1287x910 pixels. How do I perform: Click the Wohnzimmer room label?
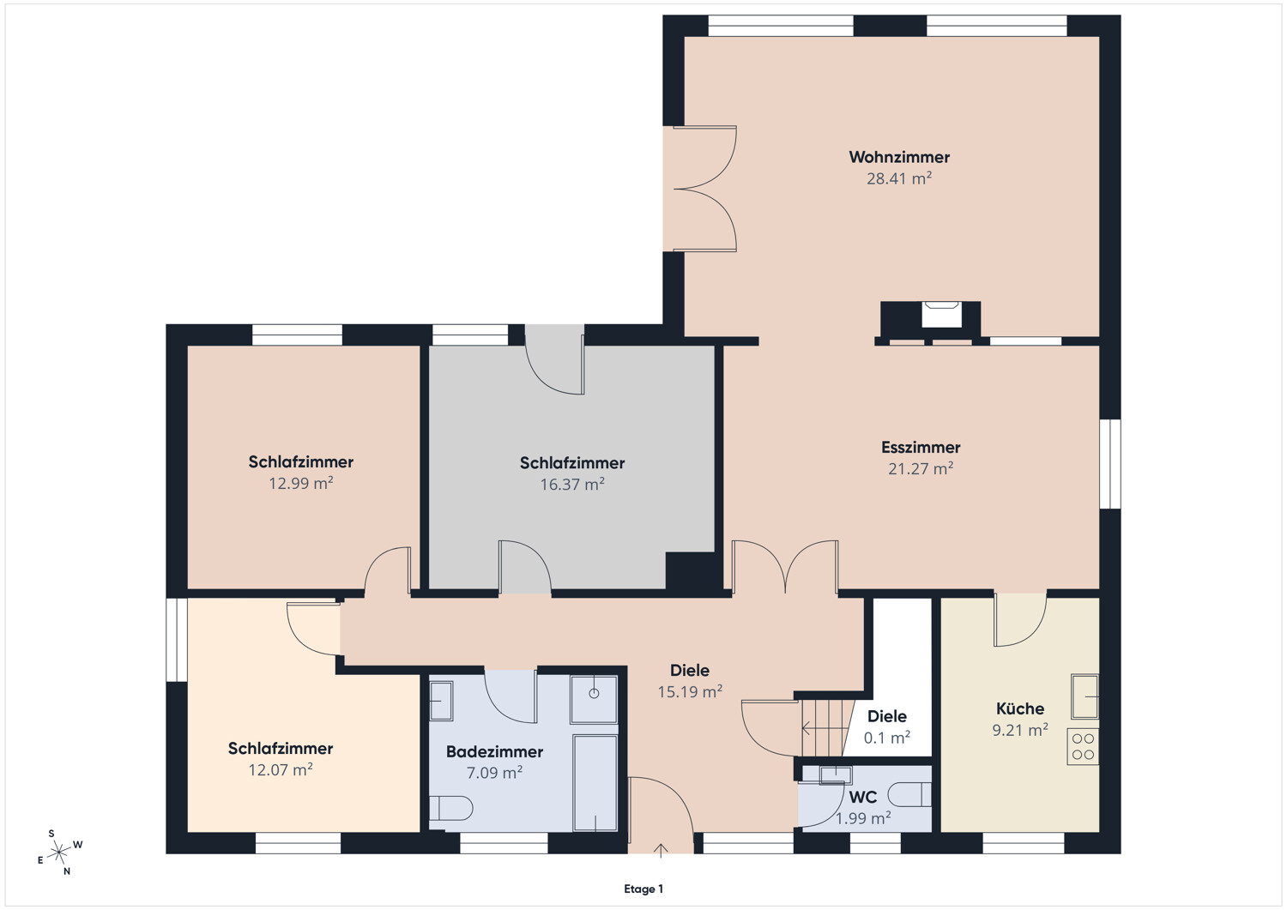(x=899, y=157)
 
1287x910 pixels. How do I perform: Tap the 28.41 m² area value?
(x=899, y=178)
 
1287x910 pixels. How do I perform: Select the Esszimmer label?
(x=921, y=447)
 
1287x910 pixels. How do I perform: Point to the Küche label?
(x=1020, y=708)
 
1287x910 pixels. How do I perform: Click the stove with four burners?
(x=1083, y=746)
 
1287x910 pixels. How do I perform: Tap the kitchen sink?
(x=1085, y=696)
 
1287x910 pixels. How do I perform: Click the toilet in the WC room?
(x=909, y=794)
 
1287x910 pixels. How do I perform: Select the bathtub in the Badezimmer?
(x=595, y=782)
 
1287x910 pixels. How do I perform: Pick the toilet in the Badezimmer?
(x=451, y=808)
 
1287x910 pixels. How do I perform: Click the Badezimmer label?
(x=494, y=751)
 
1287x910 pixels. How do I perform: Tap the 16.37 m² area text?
(x=571, y=485)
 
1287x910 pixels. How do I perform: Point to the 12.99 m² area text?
(x=300, y=483)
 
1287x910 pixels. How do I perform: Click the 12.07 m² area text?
(x=280, y=770)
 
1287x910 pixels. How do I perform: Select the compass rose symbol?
(x=59, y=852)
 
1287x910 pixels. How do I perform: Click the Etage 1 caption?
(x=643, y=889)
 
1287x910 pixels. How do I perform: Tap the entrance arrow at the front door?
(x=661, y=850)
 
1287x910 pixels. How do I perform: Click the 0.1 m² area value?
(x=886, y=738)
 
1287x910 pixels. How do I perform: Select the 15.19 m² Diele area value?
(x=690, y=691)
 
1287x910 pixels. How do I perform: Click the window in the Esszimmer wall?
(x=1110, y=464)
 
